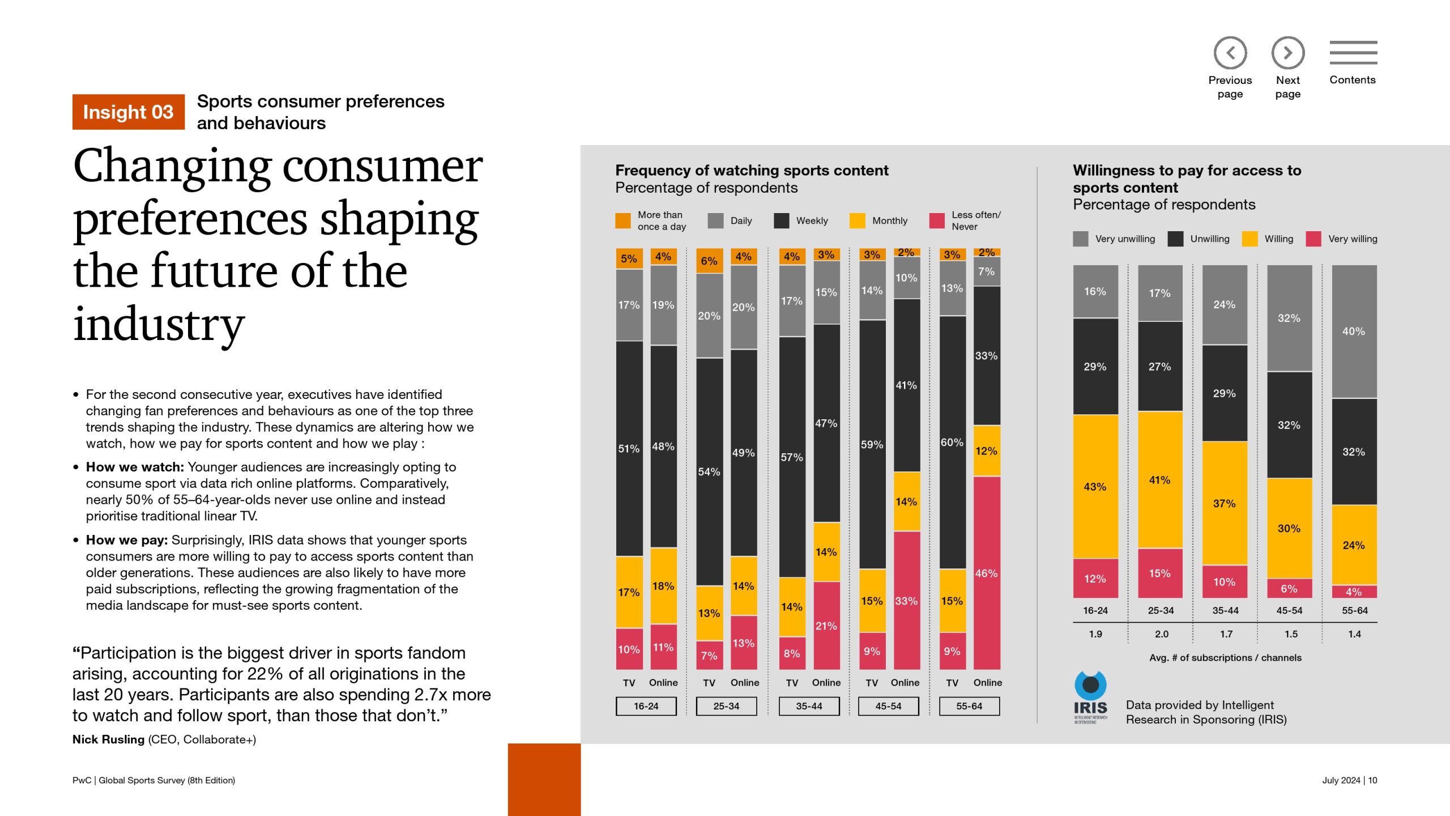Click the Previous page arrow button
pos(1230,53)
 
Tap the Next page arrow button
pos(1287,53)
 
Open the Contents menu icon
pos(1353,53)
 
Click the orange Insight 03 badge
pos(128,112)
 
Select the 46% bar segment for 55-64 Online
pos(987,572)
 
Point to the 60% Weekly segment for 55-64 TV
pos(952,442)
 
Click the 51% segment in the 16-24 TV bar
pos(629,448)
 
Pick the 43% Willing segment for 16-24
pos(1095,486)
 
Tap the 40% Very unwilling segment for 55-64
pos(1354,331)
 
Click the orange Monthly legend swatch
pos(858,220)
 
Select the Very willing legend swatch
pos(1313,239)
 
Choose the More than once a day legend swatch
pos(623,220)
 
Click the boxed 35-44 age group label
pos(809,706)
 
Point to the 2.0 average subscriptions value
pos(1161,634)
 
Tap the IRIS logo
pos(1090,697)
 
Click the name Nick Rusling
pos(108,739)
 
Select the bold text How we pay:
pos(127,540)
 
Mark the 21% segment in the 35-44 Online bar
pos(826,626)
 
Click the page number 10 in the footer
pos(1372,780)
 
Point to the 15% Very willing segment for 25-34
pos(1160,573)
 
